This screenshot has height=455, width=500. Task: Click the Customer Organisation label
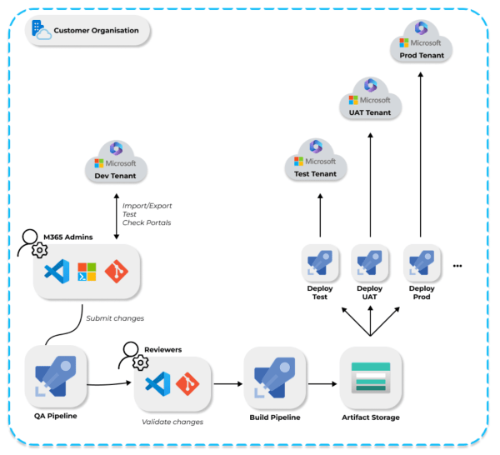[96, 31]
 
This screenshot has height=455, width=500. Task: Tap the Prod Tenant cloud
[421, 41]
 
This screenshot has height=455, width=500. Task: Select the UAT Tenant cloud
[370, 98]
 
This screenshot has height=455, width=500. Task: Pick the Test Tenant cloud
[315, 159]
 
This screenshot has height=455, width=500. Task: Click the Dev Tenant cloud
[116, 162]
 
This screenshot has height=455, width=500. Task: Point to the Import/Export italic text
[147, 206]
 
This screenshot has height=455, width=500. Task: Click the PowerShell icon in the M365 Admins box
[87, 272]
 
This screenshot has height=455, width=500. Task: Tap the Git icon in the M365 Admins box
[117, 272]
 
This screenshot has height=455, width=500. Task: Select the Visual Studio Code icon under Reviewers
[157, 384]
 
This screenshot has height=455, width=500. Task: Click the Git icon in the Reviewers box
[187, 384]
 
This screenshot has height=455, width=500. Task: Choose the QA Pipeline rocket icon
[56, 376]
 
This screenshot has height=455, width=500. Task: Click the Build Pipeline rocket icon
[275, 377]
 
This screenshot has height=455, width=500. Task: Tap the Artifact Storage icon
[371, 377]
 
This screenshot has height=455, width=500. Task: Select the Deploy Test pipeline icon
[320, 263]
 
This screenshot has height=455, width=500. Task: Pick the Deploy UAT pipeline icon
[369, 263]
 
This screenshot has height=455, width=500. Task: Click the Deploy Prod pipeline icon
[422, 263]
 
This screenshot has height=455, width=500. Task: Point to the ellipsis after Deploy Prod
[457, 266]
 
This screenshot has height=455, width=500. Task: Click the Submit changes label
[115, 318]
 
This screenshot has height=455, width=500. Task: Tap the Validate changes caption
[172, 422]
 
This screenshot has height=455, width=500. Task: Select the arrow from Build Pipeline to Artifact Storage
[322, 384]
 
